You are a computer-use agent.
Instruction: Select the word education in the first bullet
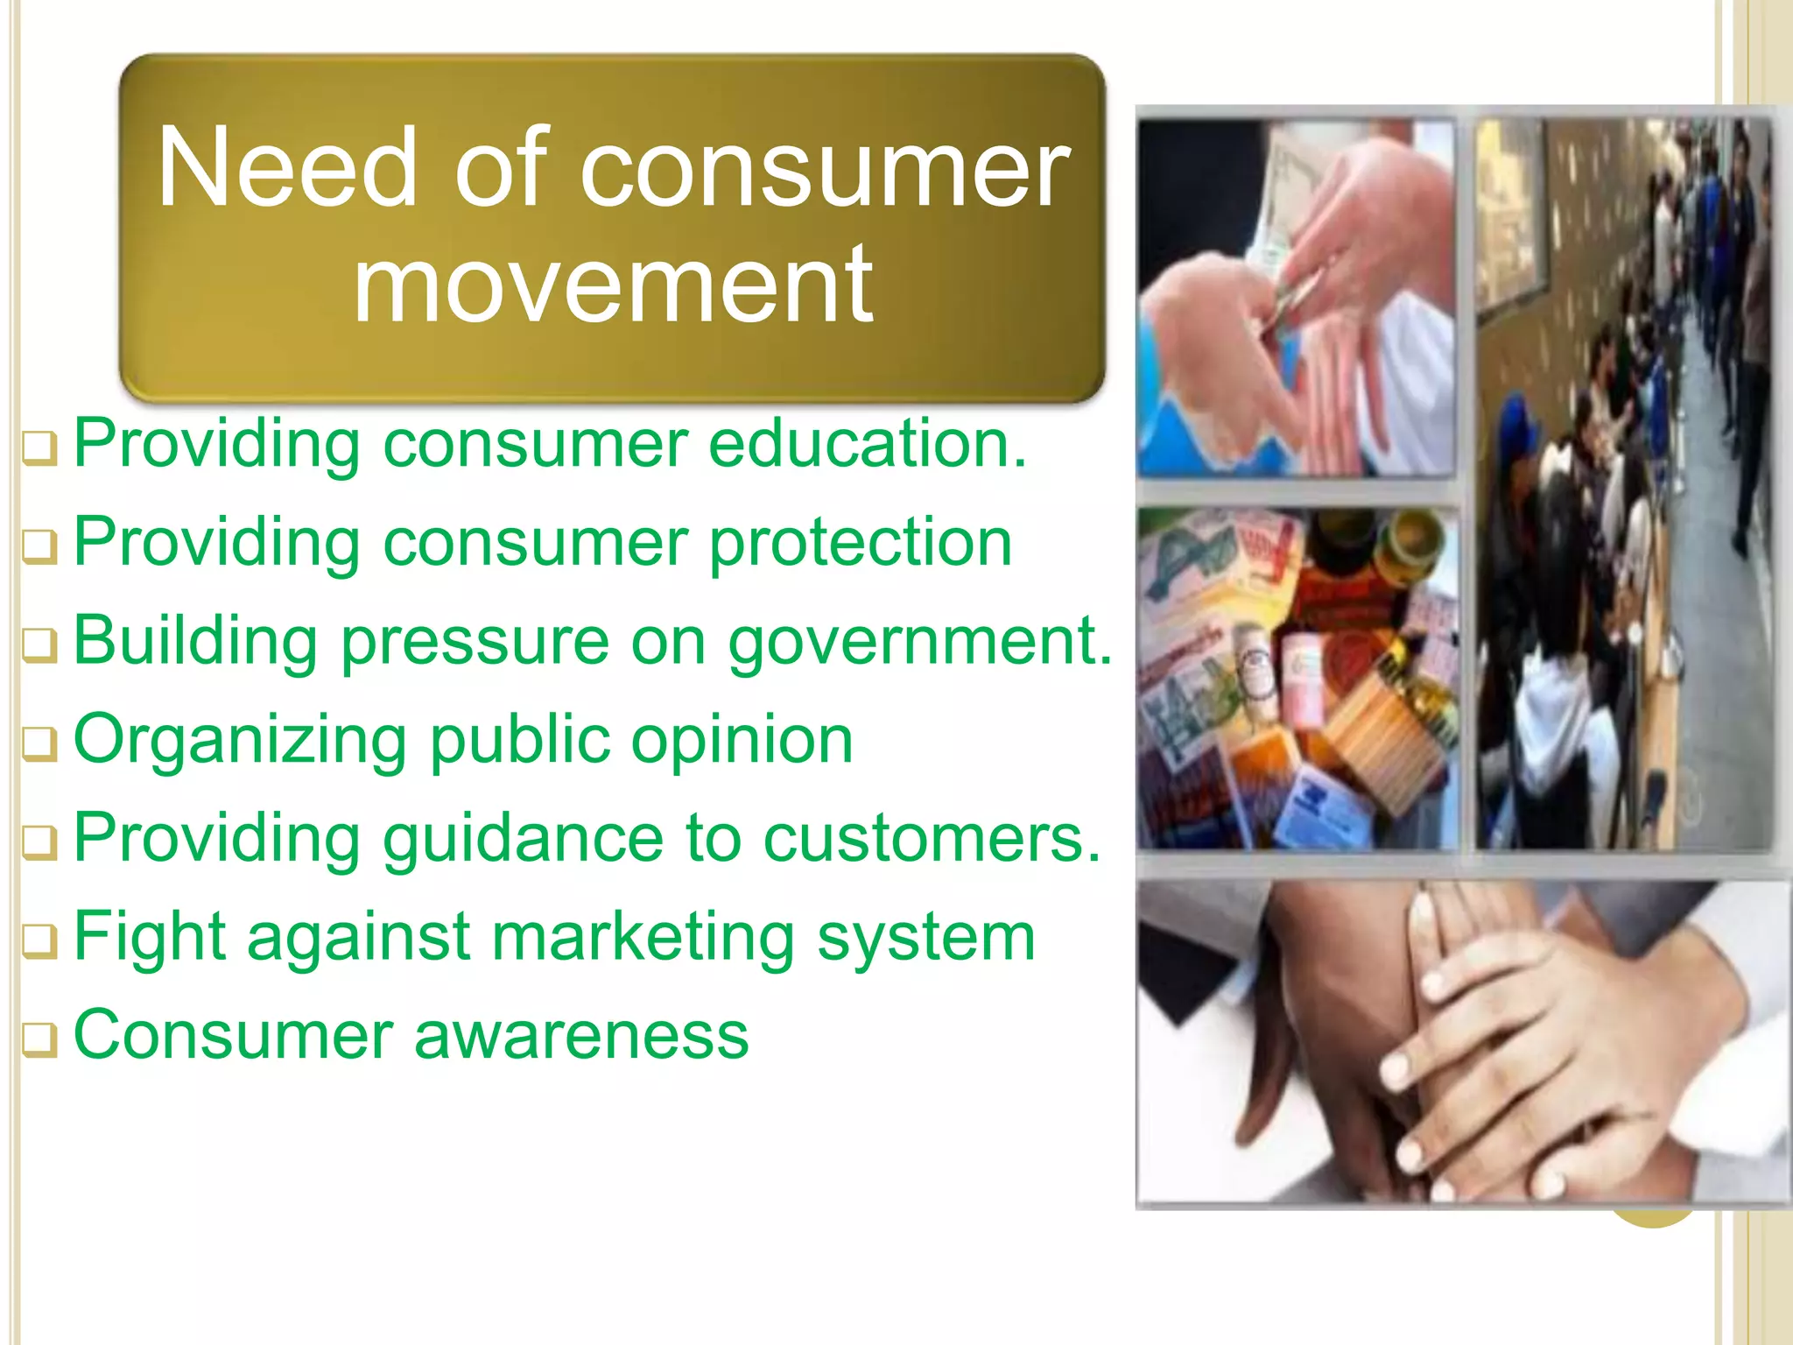[x=867, y=444]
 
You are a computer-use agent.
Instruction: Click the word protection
[x=861, y=543]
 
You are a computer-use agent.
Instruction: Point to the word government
[x=919, y=642]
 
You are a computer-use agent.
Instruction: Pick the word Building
[x=195, y=642]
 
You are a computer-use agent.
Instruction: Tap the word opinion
[x=742, y=741]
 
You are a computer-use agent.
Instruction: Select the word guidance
[x=523, y=839]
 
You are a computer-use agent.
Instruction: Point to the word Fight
[x=150, y=937]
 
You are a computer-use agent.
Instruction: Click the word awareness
[x=581, y=1036]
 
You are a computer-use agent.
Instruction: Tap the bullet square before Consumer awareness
[x=39, y=1041]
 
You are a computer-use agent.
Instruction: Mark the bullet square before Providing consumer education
[x=39, y=450]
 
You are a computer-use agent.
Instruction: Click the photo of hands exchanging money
[x=1296, y=298]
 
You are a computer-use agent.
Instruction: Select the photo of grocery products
[x=1296, y=679]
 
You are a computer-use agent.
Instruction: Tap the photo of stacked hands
[x=1462, y=1042]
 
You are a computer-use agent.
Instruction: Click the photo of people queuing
[x=1624, y=482]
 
